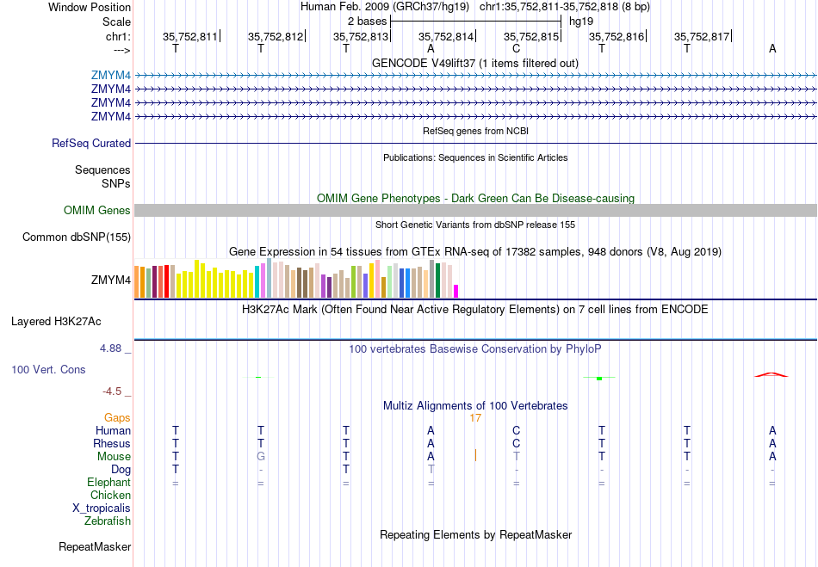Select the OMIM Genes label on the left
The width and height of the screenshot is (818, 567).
pyautogui.click(x=97, y=210)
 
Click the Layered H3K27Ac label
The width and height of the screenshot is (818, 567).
pyautogui.click(x=56, y=322)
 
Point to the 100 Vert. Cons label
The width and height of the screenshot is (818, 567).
pyautogui.click(x=48, y=369)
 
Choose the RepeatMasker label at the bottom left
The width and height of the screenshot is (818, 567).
pyautogui.click(x=95, y=546)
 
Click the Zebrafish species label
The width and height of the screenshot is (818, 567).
pyautogui.click(x=108, y=521)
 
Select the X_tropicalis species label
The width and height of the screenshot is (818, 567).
pyautogui.click(x=102, y=508)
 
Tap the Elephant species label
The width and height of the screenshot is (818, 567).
pyautogui.click(x=108, y=483)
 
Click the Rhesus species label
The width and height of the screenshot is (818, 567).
pyautogui.click(x=112, y=443)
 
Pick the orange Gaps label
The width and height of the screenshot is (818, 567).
pyautogui.click(x=117, y=417)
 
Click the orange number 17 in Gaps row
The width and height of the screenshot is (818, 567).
pyautogui.click(x=475, y=417)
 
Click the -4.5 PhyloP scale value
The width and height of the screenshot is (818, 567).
pyautogui.click(x=114, y=391)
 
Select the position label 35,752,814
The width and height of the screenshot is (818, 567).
pyautogui.click(x=446, y=37)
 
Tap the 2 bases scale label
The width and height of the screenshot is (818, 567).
pyautogui.click(x=368, y=21)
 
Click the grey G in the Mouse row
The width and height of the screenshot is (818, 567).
pyautogui.click(x=261, y=456)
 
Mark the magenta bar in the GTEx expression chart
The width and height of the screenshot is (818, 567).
pyautogui.click(x=456, y=291)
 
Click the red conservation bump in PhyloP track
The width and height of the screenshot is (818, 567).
pyautogui.click(x=772, y=374)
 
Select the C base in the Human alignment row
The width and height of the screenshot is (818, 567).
pyautogui.click(x=517, y=430)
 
